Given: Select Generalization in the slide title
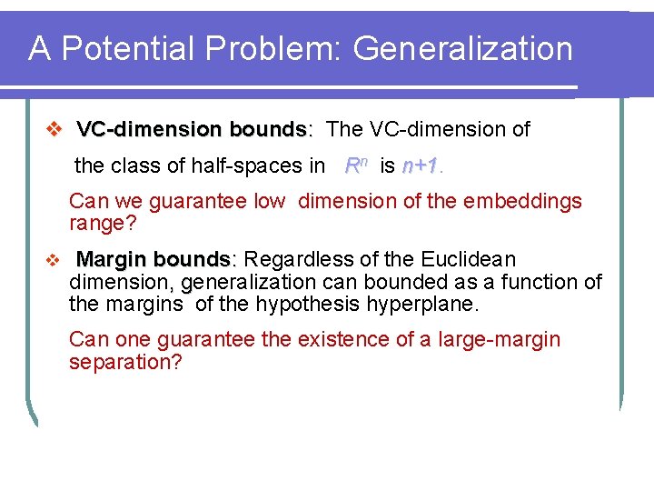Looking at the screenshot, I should [463, 48].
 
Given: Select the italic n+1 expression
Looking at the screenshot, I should [420, 165].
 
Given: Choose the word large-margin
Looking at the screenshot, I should [500, 340].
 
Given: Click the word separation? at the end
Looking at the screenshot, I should [126, 362].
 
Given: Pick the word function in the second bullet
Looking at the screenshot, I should [531, 282].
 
